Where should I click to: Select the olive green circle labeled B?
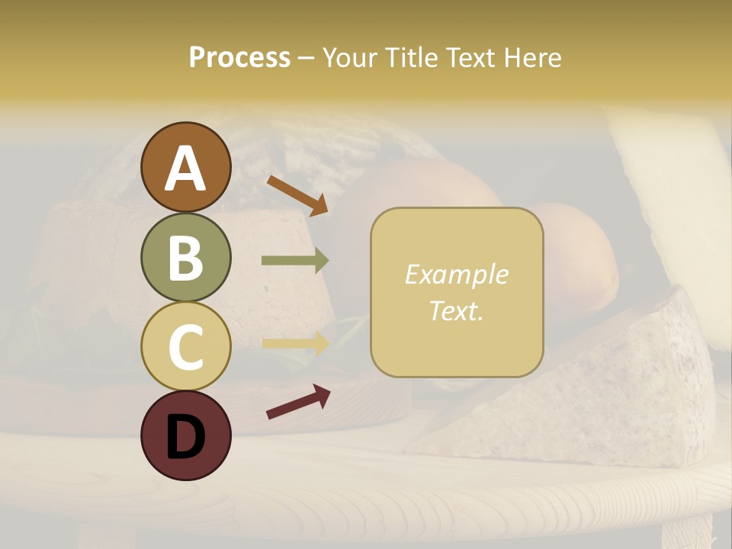185,257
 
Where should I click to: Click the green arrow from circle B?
295,261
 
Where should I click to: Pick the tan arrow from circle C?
295,342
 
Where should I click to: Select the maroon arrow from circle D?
298,401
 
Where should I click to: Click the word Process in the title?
239,57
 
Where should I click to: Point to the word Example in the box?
456,274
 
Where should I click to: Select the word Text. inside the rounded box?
456,310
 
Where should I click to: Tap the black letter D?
185,437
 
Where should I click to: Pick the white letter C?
185,347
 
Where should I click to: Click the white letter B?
185,258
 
